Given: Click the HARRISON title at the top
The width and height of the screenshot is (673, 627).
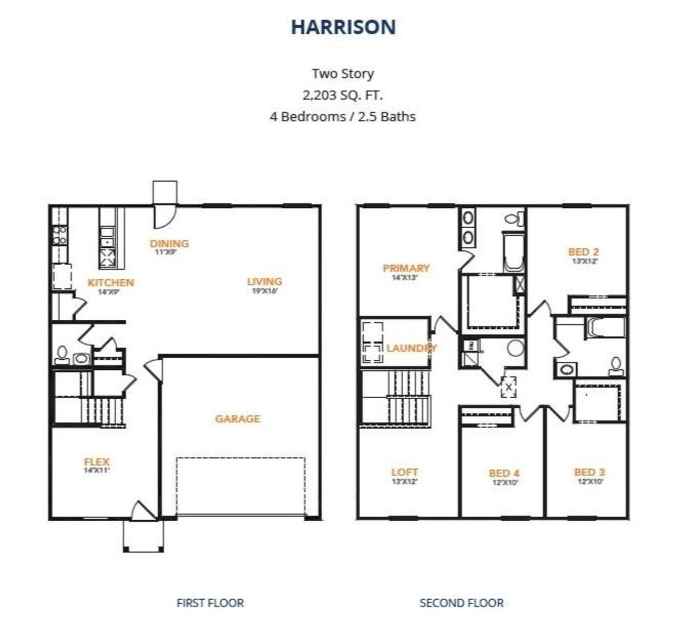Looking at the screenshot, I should [x=343, y=27].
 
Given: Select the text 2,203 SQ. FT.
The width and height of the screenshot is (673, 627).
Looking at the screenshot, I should [x=342, y=95].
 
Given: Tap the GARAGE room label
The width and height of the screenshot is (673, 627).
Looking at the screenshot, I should [x=238, y=419].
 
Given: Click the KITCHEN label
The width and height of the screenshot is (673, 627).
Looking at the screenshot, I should [x=110, y=282].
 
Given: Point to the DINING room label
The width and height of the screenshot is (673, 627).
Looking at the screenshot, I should [x=169, y=244].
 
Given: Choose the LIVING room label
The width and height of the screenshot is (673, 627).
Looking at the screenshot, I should [x=264, y=281].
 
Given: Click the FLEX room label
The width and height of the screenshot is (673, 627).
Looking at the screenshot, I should [x=97, y=462].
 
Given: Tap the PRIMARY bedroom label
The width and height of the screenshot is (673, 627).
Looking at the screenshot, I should [x=406, y=268].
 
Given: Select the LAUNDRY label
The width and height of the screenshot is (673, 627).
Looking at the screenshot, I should [x=411, y=348].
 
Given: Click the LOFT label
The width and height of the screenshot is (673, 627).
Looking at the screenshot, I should [x=405, y=472].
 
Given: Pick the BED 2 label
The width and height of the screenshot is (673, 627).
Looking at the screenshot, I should [x=584, y=252].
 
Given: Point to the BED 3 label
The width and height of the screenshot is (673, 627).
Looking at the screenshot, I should [x=589, y=472].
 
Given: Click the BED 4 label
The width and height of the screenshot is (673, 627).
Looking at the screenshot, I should [x=504, y=473].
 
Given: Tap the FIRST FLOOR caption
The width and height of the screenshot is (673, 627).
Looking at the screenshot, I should [x=210, y=603].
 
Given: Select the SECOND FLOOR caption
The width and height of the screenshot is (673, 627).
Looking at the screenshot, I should [x=461, y=603].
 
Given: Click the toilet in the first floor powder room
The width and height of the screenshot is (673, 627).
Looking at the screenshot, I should [x=62, y=355].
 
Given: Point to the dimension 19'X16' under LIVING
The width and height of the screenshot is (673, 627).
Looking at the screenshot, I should [x=264, y=290].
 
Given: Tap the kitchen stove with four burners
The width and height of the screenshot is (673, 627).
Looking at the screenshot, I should [x=60, y=235].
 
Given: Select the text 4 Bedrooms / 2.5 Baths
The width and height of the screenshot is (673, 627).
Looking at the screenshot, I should [x=342, y=116].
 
